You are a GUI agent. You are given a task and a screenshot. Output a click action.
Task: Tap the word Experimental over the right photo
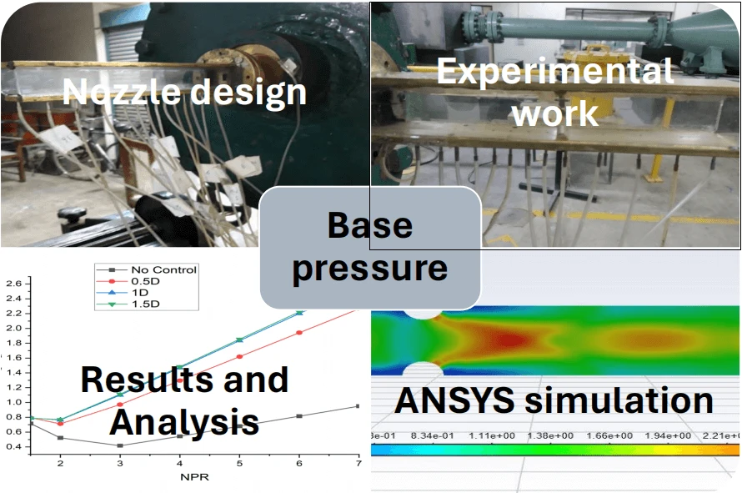click(555, 71)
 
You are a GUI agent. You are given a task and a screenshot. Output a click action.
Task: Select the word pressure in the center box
click(370, 269)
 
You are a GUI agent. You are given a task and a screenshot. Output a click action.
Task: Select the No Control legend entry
click(163, 269)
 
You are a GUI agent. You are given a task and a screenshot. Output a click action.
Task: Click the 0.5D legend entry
click(147, 280)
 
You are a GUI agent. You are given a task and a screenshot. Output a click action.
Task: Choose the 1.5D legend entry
click(147, 304)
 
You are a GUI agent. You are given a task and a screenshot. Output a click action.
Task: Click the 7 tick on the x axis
click(358, 464)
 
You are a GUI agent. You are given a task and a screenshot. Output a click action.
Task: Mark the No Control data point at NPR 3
click(120, 445)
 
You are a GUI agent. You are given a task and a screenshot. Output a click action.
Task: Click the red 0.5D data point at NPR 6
click(299, 332)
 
